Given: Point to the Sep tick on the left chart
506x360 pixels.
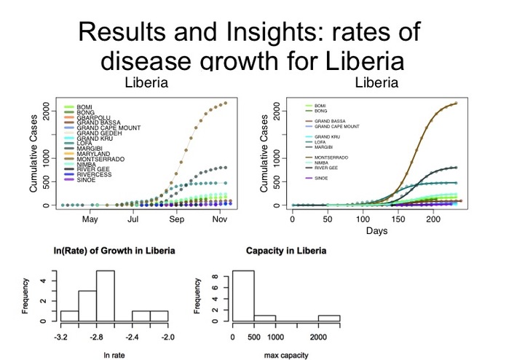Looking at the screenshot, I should [177, 219].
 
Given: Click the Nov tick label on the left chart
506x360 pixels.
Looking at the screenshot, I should [221, 219].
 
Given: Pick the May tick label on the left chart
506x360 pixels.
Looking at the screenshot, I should [90, 219].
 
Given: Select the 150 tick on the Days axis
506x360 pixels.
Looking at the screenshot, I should [398, 219].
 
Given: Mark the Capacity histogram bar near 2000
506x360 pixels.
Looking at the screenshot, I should [328, 318].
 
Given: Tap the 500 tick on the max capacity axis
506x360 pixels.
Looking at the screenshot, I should [254, 337].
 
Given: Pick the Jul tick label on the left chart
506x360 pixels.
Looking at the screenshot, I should [133, 219].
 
